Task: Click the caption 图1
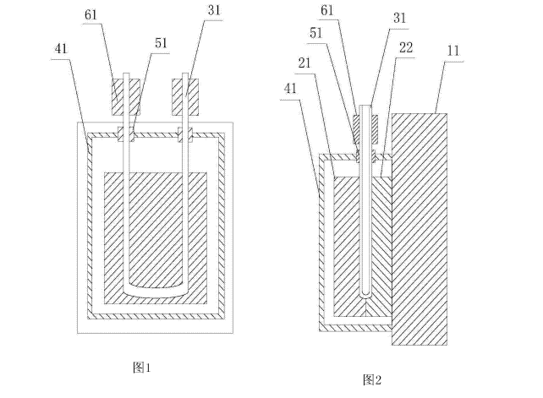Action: pyautogui.click(x=141, y=367)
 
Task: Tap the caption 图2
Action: pyautogui.click(x=372, y=379)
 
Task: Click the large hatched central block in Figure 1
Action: pyautogui.click(x=156, y=228)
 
